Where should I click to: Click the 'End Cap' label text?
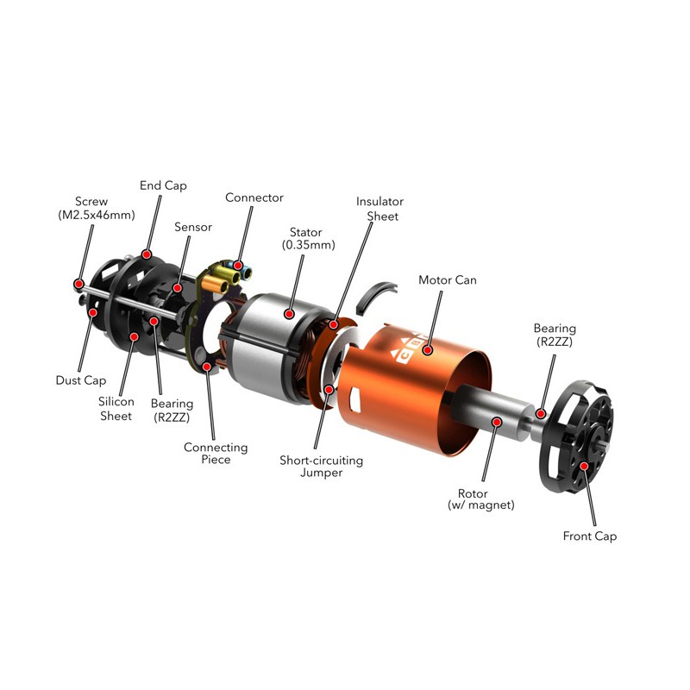tap(163, 185)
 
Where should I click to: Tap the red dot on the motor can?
tap(427, 350)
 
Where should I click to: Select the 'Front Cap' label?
tap(590, 536)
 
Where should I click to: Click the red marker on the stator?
tap(289, 314)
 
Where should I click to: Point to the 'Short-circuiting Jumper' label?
tap(321, 467)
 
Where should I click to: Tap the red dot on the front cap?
tap(584, 466)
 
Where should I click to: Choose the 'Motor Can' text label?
tap(448, 280)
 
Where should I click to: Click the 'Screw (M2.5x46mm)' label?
tap(97, 208)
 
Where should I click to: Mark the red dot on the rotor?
tap(498, 422)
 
